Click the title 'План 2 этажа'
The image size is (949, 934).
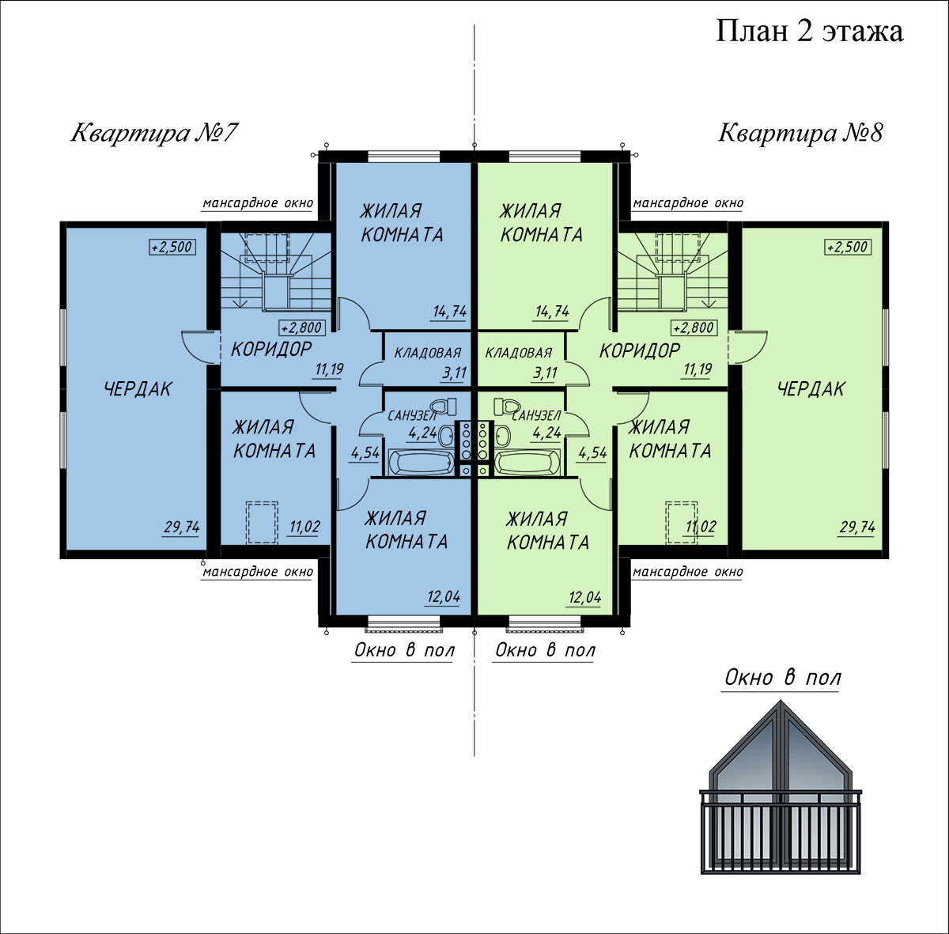(x=809, y=31)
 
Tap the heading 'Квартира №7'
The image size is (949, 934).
(x=154, y=133)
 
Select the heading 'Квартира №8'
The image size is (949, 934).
(x=801, y=133)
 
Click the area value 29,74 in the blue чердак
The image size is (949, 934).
(x=182, y=528)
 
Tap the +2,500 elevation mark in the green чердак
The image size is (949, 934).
(x=848, y=247)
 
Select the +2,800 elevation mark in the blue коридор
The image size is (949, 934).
(x=302, y=327)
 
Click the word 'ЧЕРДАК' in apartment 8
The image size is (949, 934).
(x=811, y=389)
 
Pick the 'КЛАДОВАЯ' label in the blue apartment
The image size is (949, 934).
(x=428, y=353)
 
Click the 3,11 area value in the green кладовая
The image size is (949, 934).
(x=545, y=373)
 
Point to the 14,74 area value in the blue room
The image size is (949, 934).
(x=450, y=312)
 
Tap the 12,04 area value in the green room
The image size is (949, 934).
(x=585, y=598)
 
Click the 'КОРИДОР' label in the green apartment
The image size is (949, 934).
(x=640, y=350)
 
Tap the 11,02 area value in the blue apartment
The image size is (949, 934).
(x=304, y=527)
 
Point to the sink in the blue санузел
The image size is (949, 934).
(x=446, y=435)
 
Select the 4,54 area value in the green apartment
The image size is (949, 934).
(x=592, y=452)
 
